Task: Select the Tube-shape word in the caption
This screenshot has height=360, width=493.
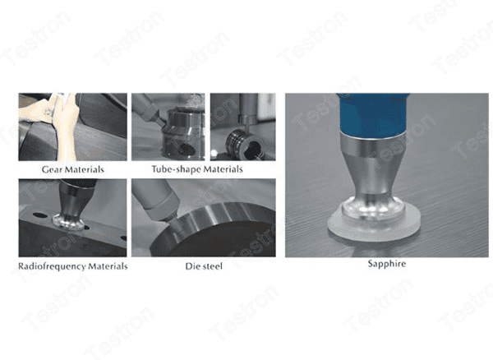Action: pyautogui.click(x=173, y=169)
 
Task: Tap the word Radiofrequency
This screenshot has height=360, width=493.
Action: pyautogui.click(x=54, y=267)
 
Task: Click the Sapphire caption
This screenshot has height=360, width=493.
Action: pyautogui.click(x=387, y=265)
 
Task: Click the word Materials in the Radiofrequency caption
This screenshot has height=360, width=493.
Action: pyautogui.click(x=108, y=267)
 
